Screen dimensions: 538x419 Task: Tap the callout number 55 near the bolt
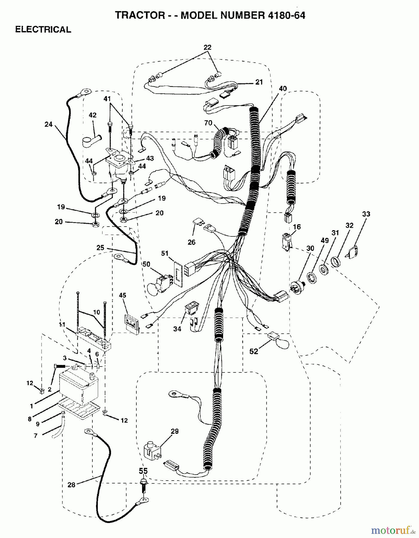pos(143,471)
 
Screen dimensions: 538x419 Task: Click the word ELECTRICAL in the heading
pos(43,30)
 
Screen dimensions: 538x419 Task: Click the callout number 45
pos(123,295)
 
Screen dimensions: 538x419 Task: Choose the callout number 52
pos(254,352)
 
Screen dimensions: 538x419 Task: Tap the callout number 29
pos(175,431)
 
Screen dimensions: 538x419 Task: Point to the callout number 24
pos(48,124)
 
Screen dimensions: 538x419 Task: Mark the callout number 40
pos(283,88)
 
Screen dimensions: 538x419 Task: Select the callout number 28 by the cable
pos(71,485)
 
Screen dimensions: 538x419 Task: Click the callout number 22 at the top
pos(208,47)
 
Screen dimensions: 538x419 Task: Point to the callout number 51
pos(164,253)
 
